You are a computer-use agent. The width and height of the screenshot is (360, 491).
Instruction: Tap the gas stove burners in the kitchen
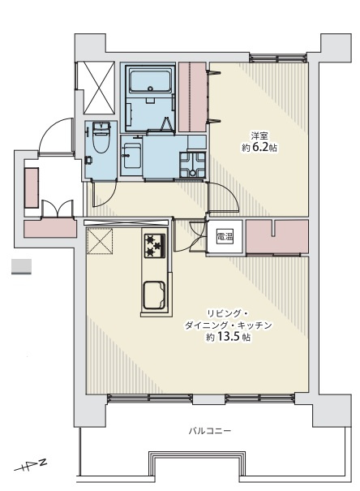click(x=154, y=243)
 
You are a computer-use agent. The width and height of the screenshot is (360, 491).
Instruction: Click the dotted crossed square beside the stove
click(x=103, y=243)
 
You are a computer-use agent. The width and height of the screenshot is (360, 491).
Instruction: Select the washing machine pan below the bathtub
click(x=132, y=153)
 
